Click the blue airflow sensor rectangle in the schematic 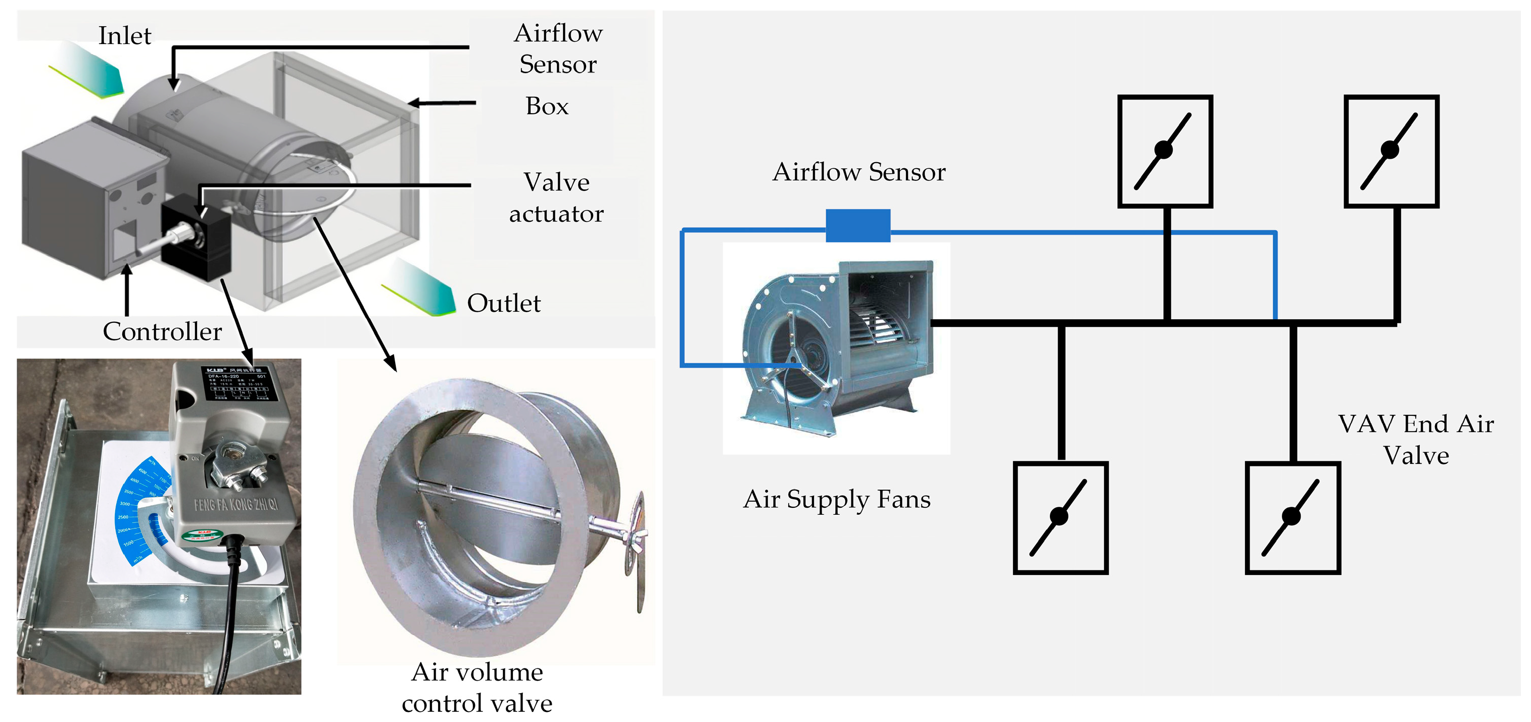tap(857, 225)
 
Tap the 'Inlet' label tap(124, 36)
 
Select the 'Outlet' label tap(503, 303)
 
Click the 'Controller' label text tap(162, 331)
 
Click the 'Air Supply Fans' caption tap(836, 499)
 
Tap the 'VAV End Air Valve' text tap(1415, 440)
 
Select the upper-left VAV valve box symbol tap(1164, 151)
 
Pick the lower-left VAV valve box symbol tap(1060, 517)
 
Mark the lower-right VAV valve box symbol tap(1292, 517)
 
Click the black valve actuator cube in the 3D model tap(196, 237)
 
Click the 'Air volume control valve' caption tap(476, 688)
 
